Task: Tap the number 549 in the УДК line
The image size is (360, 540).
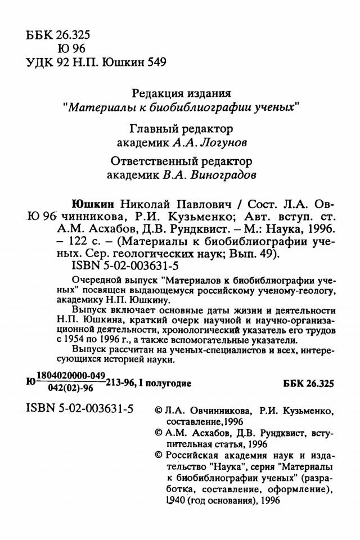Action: (x=155, y=61)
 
